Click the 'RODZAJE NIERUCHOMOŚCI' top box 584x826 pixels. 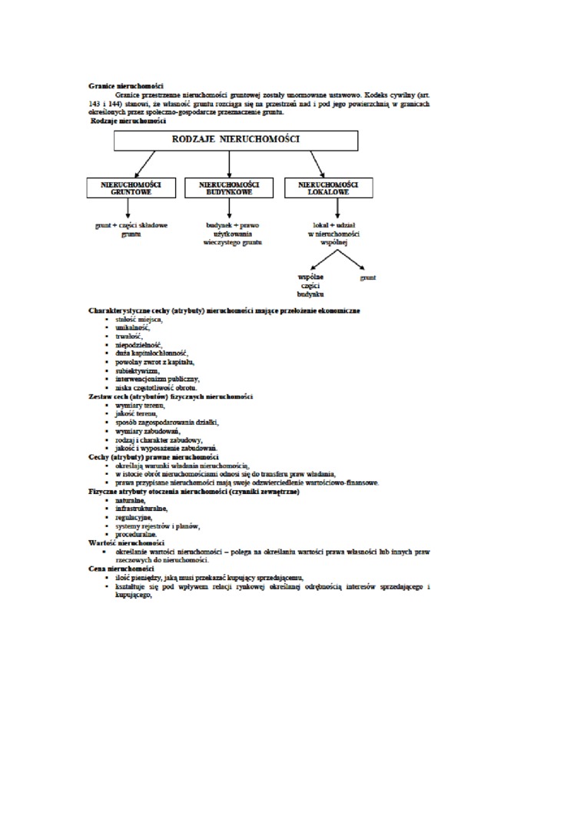235,140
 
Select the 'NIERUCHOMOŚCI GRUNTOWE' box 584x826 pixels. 131,188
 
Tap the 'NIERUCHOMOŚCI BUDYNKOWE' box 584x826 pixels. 229,188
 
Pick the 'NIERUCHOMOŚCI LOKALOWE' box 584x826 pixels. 328,188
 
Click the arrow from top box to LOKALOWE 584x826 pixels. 317,164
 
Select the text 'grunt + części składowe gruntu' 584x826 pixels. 131,230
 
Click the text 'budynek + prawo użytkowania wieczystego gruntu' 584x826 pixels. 233,234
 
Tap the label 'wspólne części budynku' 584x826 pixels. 310,284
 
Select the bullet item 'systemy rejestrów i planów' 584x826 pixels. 158,526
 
